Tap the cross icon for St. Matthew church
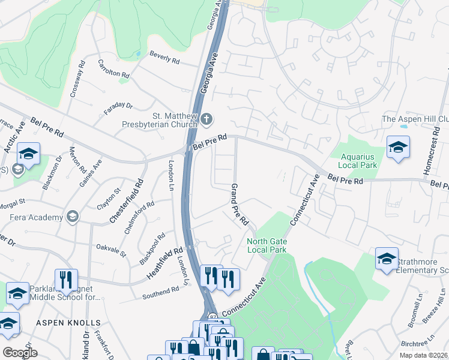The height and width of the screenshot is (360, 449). click(206, 118)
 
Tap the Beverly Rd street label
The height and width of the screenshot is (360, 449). click(165, 57)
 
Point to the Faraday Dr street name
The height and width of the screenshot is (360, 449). click(118, 106)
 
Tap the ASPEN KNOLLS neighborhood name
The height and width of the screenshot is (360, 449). click(61, 322)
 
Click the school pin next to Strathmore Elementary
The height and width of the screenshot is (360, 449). click(387, 259)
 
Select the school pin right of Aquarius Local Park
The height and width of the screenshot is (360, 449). click(398, 148)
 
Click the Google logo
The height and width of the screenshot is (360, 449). click(20, 353)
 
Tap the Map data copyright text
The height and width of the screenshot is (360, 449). click(424, 355)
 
